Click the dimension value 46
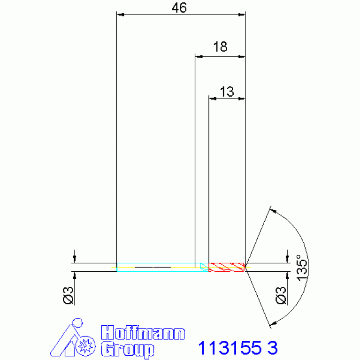(x=179, y=8)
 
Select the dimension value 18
(x=220, y=46)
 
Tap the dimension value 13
(x=227, y=92)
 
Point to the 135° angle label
(x=302, y=268)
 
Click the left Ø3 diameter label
(x=68, y=295)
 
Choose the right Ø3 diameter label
(x=281, y=295)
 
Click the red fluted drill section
(x=227, y=267)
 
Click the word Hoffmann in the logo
(x=143, y=332)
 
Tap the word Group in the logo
(x=128, y=349)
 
